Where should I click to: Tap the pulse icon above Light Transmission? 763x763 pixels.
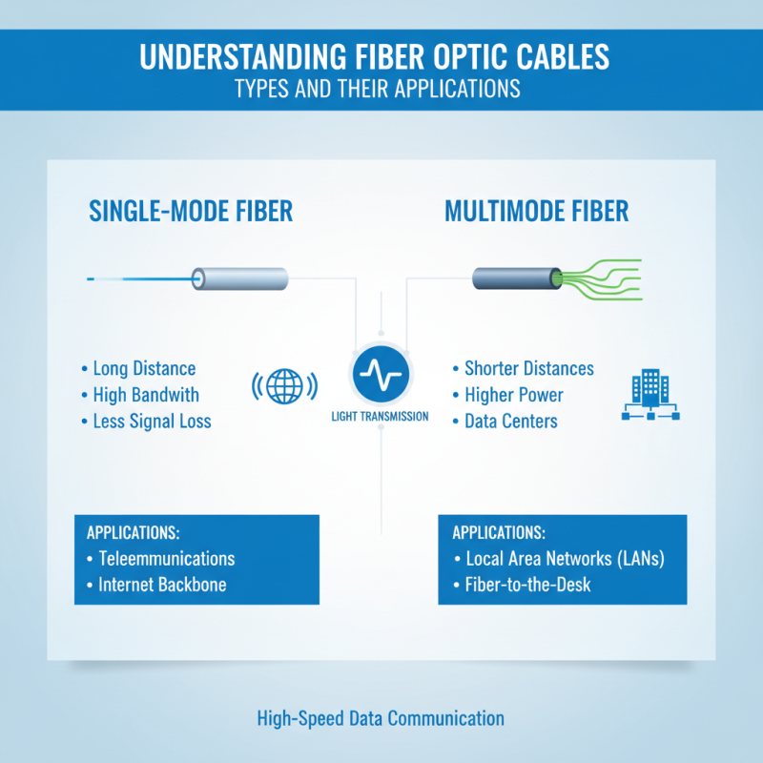[x=380, y=374]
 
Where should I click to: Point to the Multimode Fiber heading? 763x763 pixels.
[x=537, y=211]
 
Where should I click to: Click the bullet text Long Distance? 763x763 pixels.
[x=144, y=368]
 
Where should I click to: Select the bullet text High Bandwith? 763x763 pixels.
[x=146, y=394]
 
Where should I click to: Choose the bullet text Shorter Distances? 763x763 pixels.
[x=528, y=368]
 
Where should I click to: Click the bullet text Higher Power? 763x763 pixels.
[x=513, y=394]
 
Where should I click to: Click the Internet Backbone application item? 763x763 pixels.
[x=162, y=585]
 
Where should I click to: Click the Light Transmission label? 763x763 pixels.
[x=380, y=416]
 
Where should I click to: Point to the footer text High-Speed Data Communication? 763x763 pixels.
[x=381, y=718]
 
